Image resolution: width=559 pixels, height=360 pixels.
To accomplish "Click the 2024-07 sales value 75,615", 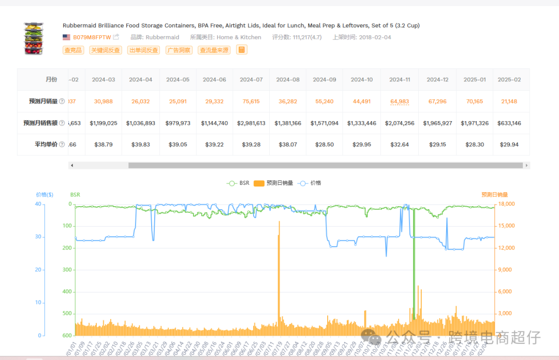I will pos(252,102).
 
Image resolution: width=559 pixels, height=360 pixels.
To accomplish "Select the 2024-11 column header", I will pos(400,80).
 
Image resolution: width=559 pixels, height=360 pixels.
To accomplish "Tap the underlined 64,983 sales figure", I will pos(400,102).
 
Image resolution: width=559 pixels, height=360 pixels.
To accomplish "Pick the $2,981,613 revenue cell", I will pos(252,123).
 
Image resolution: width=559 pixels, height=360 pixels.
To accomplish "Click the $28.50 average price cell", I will pos(325,145).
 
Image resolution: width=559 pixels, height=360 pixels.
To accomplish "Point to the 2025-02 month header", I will pos(509,80).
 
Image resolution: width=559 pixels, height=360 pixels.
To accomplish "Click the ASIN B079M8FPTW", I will pos(92,37).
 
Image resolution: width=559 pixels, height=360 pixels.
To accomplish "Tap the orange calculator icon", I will pos(242,50).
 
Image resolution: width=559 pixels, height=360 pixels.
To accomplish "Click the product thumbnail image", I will pos(34,38).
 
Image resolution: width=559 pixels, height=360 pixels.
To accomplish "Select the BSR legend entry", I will pos(239,183).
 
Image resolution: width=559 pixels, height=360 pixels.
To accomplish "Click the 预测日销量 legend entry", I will pos(274,183).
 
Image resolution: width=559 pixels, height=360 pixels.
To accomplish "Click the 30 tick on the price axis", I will pos(38,237).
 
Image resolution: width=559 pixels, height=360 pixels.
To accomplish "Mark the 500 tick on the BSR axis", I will pos(66,314).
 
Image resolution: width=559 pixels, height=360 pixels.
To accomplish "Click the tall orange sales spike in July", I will pos(279,259).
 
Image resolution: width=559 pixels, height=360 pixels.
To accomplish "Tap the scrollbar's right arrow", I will pos(526,165).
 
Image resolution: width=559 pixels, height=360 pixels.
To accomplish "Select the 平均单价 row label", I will pos(44,145).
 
